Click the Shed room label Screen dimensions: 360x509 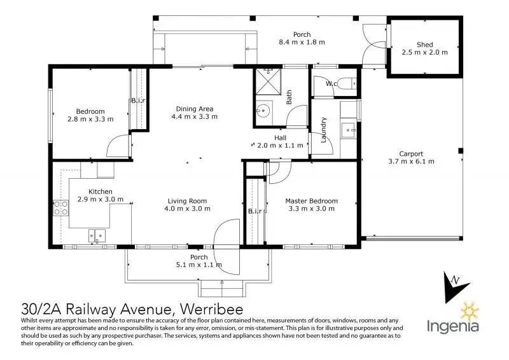point(424,45)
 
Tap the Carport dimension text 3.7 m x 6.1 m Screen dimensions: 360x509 point(411,162)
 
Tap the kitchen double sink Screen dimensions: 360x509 point(97,237)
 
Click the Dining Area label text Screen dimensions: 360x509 point(195,108)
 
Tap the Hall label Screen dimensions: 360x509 point(280,137)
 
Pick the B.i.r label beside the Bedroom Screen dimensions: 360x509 point(138,101)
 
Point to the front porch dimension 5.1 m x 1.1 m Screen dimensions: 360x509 point(199,265)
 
